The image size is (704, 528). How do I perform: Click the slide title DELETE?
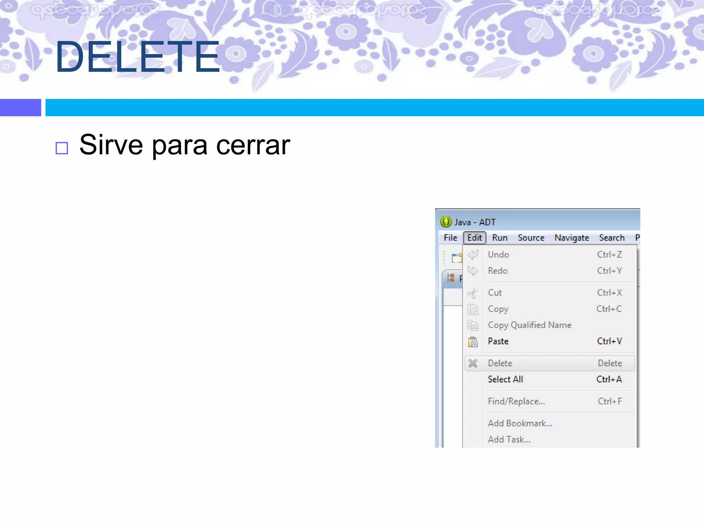(x=137, y=57)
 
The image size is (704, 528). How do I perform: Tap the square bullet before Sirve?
(x=62, y=148)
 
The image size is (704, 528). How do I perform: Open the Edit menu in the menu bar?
(x=474, y=238)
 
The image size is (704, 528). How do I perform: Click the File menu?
(x=450, y=238)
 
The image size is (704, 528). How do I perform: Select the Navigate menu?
(x=572, y=238)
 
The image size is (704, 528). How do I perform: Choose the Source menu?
(x=531, y=238)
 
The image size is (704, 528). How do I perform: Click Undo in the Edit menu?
(x=498, y=254)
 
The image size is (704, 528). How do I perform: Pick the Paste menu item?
(x=498, y=341)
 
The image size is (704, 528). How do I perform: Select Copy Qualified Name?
(x=530, y=325)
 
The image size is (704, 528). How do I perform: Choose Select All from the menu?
(x=505, y=379)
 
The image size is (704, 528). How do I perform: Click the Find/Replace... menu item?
(x=516, y=401)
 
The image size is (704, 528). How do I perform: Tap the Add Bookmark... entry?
(x=520, y=423)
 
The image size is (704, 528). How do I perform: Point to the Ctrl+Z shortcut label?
(x=609, y=254)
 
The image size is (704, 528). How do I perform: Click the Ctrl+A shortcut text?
(x=609, y=379)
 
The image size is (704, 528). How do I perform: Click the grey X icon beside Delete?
(x=473, y=363)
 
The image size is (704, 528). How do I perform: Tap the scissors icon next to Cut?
(x=473, y=293)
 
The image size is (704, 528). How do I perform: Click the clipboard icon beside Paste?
(x=473, y=342)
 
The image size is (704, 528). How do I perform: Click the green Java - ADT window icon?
(x=446, y=222)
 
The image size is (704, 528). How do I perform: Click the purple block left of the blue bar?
(x=21, y=108)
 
